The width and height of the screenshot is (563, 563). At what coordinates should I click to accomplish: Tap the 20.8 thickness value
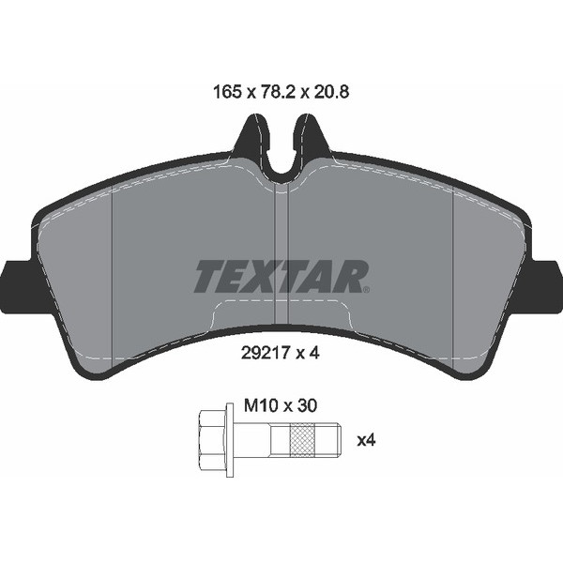[331, 92]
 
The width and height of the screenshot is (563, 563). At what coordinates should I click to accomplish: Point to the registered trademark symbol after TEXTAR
[367, 289]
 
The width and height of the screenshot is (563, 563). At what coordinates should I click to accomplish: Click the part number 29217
[266, 354]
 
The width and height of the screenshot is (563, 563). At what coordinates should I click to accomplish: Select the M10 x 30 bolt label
[281, 406]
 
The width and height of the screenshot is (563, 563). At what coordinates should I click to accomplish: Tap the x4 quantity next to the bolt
[366, 440]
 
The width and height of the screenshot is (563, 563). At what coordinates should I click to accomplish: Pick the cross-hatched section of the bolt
[302, 440]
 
